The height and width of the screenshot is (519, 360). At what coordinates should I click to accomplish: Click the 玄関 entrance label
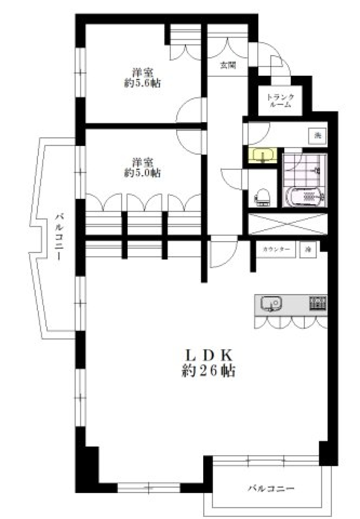pos(228,66)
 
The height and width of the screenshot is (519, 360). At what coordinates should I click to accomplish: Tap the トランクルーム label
pos(280,101)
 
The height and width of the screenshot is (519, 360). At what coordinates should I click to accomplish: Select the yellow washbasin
pos(262,155)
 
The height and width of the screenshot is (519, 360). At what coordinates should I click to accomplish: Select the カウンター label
pos(276,249)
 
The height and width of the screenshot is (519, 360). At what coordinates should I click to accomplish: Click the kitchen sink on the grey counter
pos(271,303)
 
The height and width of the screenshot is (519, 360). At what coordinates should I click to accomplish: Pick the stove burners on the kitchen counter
pos(317,303)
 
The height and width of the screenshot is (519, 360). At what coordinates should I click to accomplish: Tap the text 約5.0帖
pos(142,173)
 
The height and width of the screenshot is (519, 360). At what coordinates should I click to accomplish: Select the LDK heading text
pos(208,354)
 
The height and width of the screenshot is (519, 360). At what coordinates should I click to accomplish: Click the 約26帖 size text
pos(208,371)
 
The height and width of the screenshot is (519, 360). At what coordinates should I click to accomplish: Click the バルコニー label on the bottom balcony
pos(271,489)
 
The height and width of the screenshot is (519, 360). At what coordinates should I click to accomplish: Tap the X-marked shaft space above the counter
pos(287,224)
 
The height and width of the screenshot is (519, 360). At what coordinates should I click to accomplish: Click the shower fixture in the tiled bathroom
pos(317,171)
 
